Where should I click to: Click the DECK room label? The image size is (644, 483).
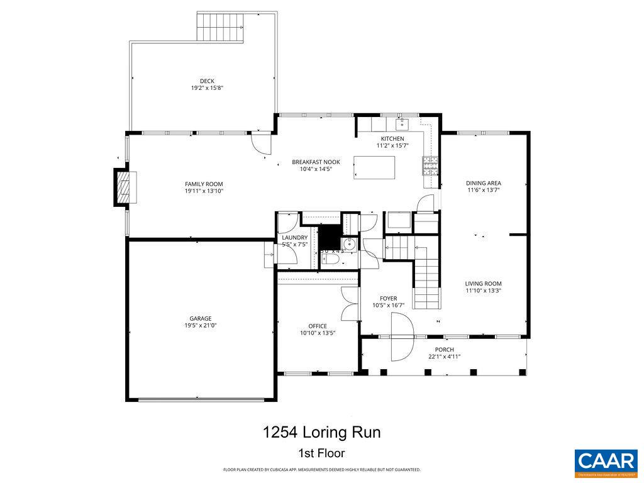207,81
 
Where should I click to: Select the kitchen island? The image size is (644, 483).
375,168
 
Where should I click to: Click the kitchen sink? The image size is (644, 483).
402,123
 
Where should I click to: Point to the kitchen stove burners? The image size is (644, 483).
431,165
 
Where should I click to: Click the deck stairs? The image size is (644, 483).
219,27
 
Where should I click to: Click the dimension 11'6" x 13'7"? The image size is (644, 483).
484,190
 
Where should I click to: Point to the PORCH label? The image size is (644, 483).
444,350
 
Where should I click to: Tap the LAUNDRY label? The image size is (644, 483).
294,237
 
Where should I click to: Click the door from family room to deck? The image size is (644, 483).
261,143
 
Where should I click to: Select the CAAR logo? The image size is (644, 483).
606,462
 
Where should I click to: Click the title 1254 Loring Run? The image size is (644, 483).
321,433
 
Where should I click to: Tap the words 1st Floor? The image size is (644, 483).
321,453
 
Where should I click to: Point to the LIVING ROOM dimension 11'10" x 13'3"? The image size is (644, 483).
483,291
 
